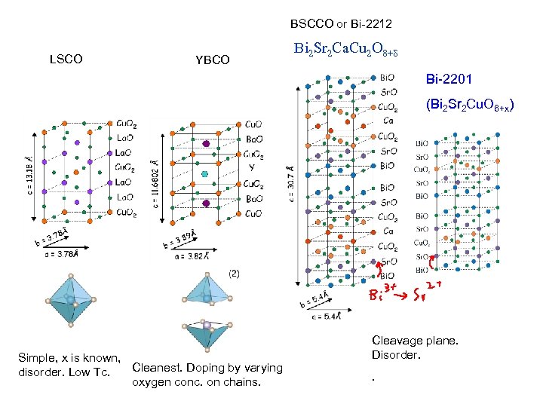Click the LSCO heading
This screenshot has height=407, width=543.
(66, 59)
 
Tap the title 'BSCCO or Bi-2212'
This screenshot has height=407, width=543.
(341, 25)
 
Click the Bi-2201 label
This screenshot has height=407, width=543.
(450, 78)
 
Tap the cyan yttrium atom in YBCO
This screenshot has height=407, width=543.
(204, 173)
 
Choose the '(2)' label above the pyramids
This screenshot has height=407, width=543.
(234, 274)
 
